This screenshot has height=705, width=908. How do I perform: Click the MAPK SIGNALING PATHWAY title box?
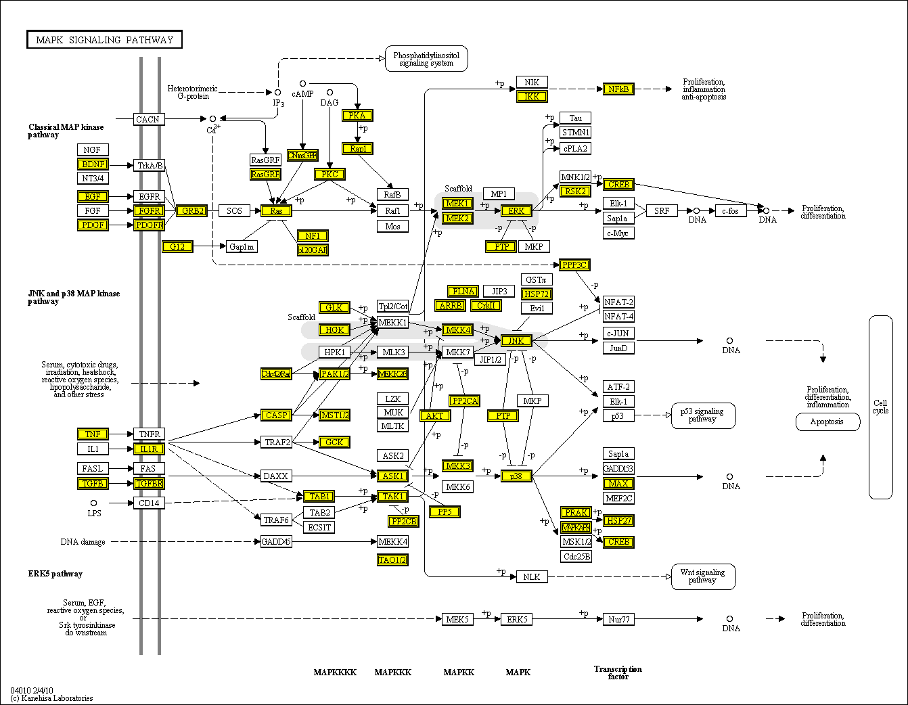(105, 40)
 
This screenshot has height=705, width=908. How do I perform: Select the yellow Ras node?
(276, 211)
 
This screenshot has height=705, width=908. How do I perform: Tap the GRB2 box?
(192, 211)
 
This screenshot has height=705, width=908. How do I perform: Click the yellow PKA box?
(357, 116)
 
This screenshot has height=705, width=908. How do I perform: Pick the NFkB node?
(618, 89)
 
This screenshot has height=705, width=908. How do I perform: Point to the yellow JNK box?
(516, 340)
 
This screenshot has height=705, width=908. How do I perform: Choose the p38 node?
(516, 476)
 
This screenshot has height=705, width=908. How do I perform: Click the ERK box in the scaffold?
(516, 211)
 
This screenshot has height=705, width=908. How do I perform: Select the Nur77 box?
(618, 619)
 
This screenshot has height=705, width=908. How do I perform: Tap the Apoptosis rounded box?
(827, 422)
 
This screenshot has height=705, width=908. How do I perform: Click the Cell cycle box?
(880, 407)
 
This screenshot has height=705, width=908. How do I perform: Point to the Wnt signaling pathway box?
(703, 576)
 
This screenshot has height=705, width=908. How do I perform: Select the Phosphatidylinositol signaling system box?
(426, 59)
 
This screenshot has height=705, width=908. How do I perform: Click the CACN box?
(148, 120)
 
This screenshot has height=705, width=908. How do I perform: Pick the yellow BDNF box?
(93, 164)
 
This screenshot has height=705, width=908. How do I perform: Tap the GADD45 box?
(276, 541)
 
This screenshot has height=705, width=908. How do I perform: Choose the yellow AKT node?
(434, 415)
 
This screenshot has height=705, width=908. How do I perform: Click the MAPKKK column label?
(393, 673)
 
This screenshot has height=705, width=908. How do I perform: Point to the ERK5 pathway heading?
(55, 574)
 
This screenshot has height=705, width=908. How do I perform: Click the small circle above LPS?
(93, 503)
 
